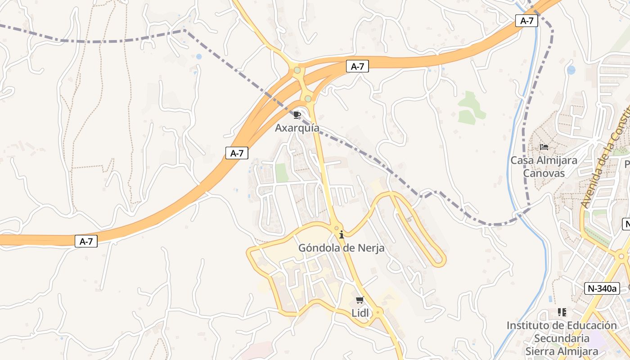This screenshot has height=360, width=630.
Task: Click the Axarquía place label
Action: coord(297,128)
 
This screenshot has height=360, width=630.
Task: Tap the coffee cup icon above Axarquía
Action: coord(297,115)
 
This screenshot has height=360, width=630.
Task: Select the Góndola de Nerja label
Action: coord(341,247)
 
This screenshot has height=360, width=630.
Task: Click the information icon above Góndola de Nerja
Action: coord(342,234)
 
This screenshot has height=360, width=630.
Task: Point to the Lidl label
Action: coord(360,313)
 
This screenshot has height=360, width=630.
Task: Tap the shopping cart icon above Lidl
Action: coord(360,300)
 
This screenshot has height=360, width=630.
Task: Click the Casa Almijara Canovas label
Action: coord(544,166)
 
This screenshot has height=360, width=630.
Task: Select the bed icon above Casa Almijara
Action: coord(544,147)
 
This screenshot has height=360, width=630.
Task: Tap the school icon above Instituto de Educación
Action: coord(562,312)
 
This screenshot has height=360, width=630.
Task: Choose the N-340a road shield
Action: coord(602,288)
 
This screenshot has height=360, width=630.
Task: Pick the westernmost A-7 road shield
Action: coord(86,241)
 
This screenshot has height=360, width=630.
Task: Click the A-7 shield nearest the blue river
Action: coord(526,21)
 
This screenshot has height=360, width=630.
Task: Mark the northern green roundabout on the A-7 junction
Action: coord(297,70)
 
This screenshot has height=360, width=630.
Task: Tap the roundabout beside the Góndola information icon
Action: coord(336,228)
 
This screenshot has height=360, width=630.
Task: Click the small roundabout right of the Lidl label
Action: coord(378,311)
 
